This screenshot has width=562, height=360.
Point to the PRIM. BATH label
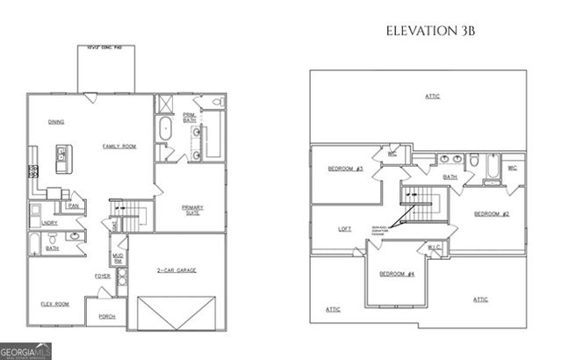[x=190, y=118]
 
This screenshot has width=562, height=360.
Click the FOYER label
[x=103, y=277]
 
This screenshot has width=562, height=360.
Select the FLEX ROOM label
[x=54, y=304]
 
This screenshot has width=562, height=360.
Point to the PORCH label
[x=107, y=316]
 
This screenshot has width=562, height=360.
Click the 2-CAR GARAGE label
[x=177, y=270]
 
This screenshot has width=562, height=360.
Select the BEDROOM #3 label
[x=345, y=169]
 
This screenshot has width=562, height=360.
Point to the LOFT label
[x=345, y=229]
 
